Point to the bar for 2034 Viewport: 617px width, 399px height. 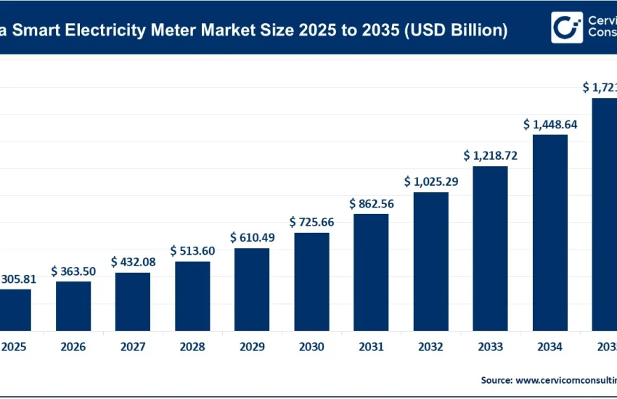[x=549, y=231]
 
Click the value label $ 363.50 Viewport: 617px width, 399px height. [x=73, y=271]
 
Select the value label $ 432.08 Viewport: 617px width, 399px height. [x=133, y=261]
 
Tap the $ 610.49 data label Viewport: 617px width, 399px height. [x=252, y=237]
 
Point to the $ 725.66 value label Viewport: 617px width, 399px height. [x=311, y=221]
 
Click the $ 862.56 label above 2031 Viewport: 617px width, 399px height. [x=371, y=204]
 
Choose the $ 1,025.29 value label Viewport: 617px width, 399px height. [x=430, y=181]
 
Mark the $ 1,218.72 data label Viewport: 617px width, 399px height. [x=490, y=155]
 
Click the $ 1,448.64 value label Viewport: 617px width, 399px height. [x=549, y=124]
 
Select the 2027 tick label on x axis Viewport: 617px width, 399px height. [x=133, y=347]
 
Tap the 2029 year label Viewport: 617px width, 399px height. [x=252, y=347]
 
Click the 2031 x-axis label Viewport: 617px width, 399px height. [x=371, y=347]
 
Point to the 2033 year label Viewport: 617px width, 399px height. [x=490, y=347]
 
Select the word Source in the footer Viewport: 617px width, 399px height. [x=495, y=379]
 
